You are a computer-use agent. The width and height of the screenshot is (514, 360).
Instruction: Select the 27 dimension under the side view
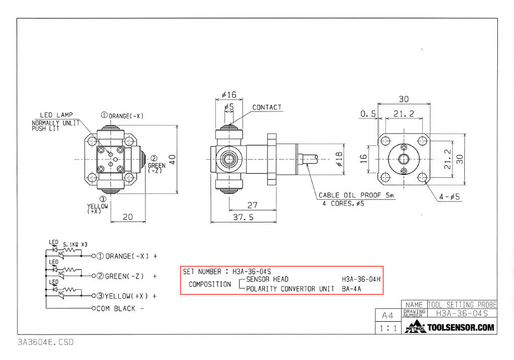pos(252,205)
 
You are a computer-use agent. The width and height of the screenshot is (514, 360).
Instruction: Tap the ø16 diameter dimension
pos(228,95)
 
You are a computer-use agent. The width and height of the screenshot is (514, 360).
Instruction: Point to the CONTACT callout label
pos(267,107)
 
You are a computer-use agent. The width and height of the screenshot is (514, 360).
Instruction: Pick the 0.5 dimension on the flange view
pos(368,114)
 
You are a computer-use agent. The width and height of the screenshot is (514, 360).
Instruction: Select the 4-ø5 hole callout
pos(449,197)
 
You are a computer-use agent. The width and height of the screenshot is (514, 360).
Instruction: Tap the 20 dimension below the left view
pos(128,216)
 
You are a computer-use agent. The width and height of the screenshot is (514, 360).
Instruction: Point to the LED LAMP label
pos(56,115)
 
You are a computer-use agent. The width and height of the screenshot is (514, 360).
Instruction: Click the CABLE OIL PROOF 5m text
pos(357,195)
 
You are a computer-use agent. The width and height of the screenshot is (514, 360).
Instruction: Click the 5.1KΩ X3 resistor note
pos(75,245)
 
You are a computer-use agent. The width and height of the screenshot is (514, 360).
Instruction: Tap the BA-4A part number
pos(351,289)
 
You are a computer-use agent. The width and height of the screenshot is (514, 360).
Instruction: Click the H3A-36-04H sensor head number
pos(361,279)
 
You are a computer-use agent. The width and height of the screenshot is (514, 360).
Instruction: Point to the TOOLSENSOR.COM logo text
pos(460,328)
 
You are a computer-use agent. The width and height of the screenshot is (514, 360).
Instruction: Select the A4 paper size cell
pos(388,315)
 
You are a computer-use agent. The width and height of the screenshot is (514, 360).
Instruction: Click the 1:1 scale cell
pos(388,328)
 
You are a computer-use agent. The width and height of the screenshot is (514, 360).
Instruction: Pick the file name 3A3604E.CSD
pos(45,342)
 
